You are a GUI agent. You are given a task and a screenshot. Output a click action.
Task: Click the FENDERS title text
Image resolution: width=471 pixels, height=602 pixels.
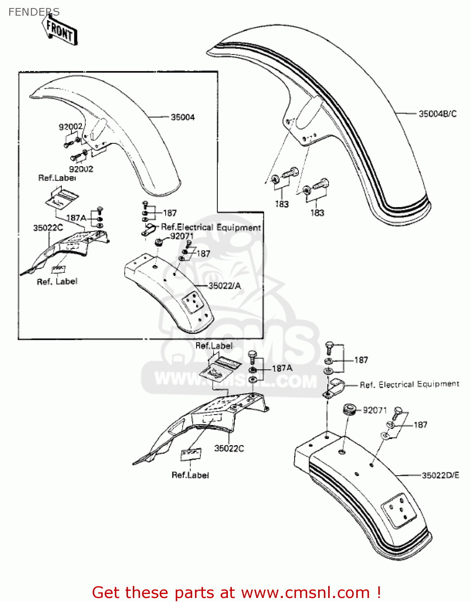tap(34, 12)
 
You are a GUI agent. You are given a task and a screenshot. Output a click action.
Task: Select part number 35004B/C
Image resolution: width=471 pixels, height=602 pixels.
tap(437, 114)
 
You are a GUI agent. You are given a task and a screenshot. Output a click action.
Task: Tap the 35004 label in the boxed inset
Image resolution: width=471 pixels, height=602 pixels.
tap(183, 117)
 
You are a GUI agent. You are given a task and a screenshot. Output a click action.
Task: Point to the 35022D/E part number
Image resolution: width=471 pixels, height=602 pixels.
tap(441, 475)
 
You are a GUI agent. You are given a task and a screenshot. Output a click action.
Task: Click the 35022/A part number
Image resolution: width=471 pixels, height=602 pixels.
tap(225, 286)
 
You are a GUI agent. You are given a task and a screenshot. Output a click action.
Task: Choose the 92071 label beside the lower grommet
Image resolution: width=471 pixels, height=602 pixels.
tap(375, 410)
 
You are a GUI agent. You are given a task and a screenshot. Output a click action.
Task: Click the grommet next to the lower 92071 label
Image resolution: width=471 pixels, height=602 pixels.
tap(349, 410)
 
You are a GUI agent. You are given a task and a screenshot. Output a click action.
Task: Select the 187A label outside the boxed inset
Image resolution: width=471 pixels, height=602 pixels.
tap(282, 368)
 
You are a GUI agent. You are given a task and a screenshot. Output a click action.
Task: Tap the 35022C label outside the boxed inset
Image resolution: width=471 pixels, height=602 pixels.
tap(229, 448)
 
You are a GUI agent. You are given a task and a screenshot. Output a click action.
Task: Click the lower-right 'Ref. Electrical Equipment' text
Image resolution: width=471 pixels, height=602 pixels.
tap(409, 384)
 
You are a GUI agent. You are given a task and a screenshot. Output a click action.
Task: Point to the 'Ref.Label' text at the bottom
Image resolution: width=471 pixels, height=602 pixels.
tap(190, 475)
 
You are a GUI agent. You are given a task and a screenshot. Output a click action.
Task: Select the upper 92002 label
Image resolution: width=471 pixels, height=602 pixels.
tap(71, 127)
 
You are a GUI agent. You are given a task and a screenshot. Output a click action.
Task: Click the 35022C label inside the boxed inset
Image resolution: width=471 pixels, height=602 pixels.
tap(48, 228)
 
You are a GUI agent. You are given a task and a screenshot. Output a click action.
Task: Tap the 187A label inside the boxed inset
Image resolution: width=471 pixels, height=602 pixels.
tap(76, 218)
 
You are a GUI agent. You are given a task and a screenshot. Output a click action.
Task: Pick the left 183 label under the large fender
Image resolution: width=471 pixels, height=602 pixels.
tap(282, 204)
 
